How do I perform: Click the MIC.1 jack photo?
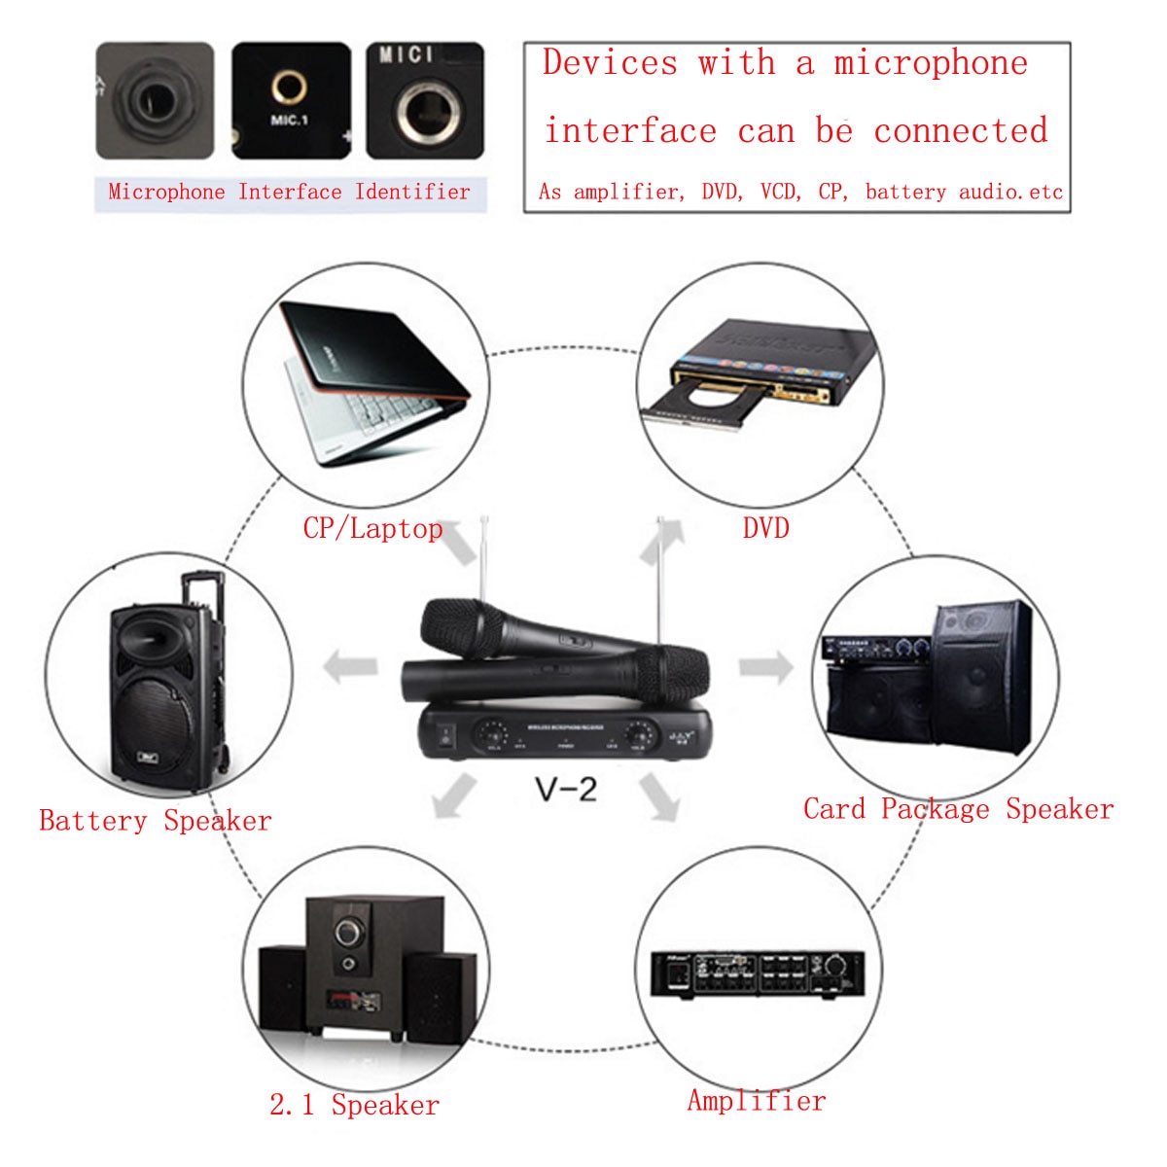pos(290,100)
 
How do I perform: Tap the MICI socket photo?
pos(424,102)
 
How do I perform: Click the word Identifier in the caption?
pos(412,192)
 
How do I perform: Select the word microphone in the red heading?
pos(930,63)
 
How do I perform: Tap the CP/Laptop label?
pos(372,528)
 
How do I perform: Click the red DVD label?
pos(765,528)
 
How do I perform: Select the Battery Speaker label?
pos(156,821)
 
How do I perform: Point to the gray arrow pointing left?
pos(350,667)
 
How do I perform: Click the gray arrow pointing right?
pos(766,667)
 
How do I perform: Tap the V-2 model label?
pos(566,789)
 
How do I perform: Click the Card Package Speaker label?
pos(958,809)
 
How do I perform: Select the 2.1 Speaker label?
pos(354,1105)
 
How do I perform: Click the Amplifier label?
pos(757,1101)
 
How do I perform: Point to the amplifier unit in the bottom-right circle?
pos(757,972)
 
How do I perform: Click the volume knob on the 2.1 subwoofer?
pos(347,933)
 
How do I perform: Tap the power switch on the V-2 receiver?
pos(444,735)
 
